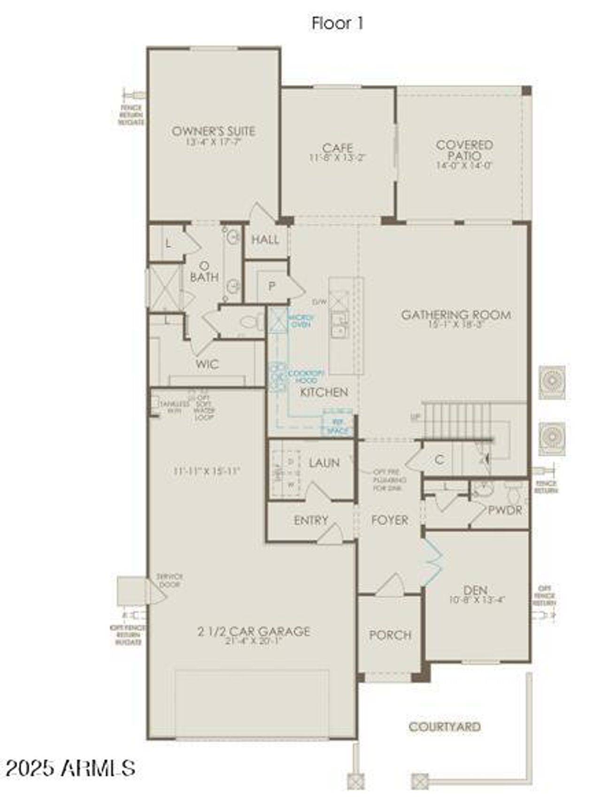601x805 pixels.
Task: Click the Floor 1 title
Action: [337, 23]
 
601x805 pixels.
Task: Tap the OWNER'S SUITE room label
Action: [213, 131]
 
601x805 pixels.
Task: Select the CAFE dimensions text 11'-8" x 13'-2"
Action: [337, 158]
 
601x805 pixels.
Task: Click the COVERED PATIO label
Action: [464, 150]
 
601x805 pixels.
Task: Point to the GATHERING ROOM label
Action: [455, 314]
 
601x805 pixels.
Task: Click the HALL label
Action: [265, 240]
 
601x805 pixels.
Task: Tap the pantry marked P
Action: [271, 286]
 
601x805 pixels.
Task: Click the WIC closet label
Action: [207, 364]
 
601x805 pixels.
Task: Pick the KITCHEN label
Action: [324, 392]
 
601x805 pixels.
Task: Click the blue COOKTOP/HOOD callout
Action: [306, 376]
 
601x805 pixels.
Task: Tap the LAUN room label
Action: [324, 462]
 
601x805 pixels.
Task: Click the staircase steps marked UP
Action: [458, 421]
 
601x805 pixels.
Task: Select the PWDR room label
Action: [505, 510]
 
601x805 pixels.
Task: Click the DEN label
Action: [475, 590]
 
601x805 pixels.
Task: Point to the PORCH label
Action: [390, 635]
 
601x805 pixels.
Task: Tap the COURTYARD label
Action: [444, 727]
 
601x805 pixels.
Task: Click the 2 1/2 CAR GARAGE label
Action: [254, 631]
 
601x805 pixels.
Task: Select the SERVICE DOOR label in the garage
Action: [170, 580]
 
